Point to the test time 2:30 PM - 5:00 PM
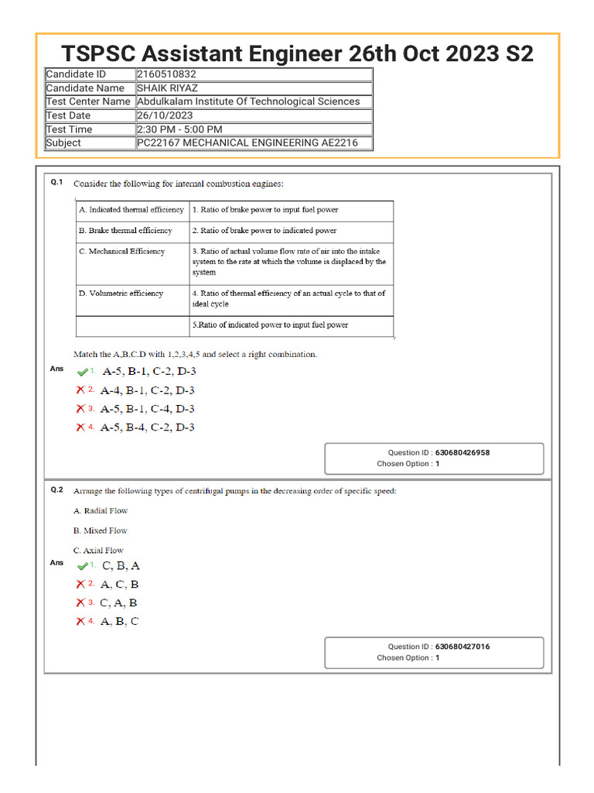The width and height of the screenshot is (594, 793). click(x=179, y=129)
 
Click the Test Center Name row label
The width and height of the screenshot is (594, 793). click(x=88, y=101)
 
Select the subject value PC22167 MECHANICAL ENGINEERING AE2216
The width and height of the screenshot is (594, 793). click(x=247, y=142)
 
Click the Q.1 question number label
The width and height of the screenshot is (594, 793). click(x=56, y=182)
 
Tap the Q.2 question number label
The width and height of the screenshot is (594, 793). click(x=56, y=489)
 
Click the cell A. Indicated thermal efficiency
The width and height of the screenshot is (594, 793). click(x=131, y=210)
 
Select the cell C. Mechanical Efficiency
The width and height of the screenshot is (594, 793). click(x=121, y=252)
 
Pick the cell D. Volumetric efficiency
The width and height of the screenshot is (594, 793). click(x=121, y=294)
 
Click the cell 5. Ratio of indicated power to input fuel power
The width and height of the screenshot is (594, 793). click(x=270, y=325)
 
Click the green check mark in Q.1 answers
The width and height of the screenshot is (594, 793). click(x=82, y=372)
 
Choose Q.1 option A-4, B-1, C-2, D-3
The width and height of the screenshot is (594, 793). click(x=148, y=390)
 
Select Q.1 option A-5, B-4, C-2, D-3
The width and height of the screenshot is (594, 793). click(x=148, y=427)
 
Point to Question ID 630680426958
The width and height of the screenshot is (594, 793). click(x=462, y=453)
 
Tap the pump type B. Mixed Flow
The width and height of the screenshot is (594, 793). click(x=101, y=530)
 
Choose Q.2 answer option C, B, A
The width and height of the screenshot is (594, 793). click(x=121, y=566)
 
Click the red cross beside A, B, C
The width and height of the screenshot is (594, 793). click(x=80, y=621)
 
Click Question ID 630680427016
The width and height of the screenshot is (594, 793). click(x=462, y=647)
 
